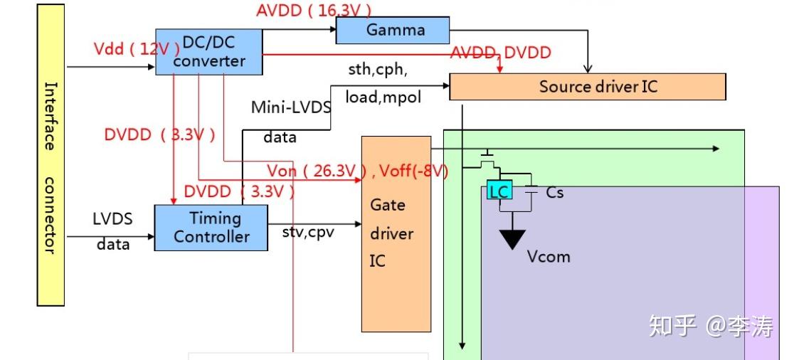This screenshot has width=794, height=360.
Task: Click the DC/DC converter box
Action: coord(209,51)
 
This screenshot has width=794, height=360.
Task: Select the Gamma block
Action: coord(393,30)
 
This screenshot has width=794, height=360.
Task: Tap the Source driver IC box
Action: coord(588,87)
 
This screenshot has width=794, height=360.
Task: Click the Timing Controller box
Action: coord(211,228)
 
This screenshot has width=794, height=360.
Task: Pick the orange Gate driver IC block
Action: coord(396,233)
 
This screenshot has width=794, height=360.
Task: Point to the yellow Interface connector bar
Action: coord(51,154)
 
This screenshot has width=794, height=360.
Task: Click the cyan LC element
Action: coord(499,191)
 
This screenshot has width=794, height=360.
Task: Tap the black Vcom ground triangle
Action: coord(512,238)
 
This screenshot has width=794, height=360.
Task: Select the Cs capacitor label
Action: coord(555,192)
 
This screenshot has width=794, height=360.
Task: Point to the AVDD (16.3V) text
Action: coord(313,10)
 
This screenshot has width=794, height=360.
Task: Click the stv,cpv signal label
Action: coord(308,232)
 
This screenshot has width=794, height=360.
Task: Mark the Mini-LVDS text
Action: coord(291,107)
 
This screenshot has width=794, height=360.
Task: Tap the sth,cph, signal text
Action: coord(376,70)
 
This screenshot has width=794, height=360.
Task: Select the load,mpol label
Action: coord(383,97)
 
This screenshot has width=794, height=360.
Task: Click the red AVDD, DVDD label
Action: coord(500,52)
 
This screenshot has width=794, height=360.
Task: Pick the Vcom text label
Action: coord(549,256)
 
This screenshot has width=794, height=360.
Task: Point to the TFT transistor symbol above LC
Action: coord(488,159)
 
